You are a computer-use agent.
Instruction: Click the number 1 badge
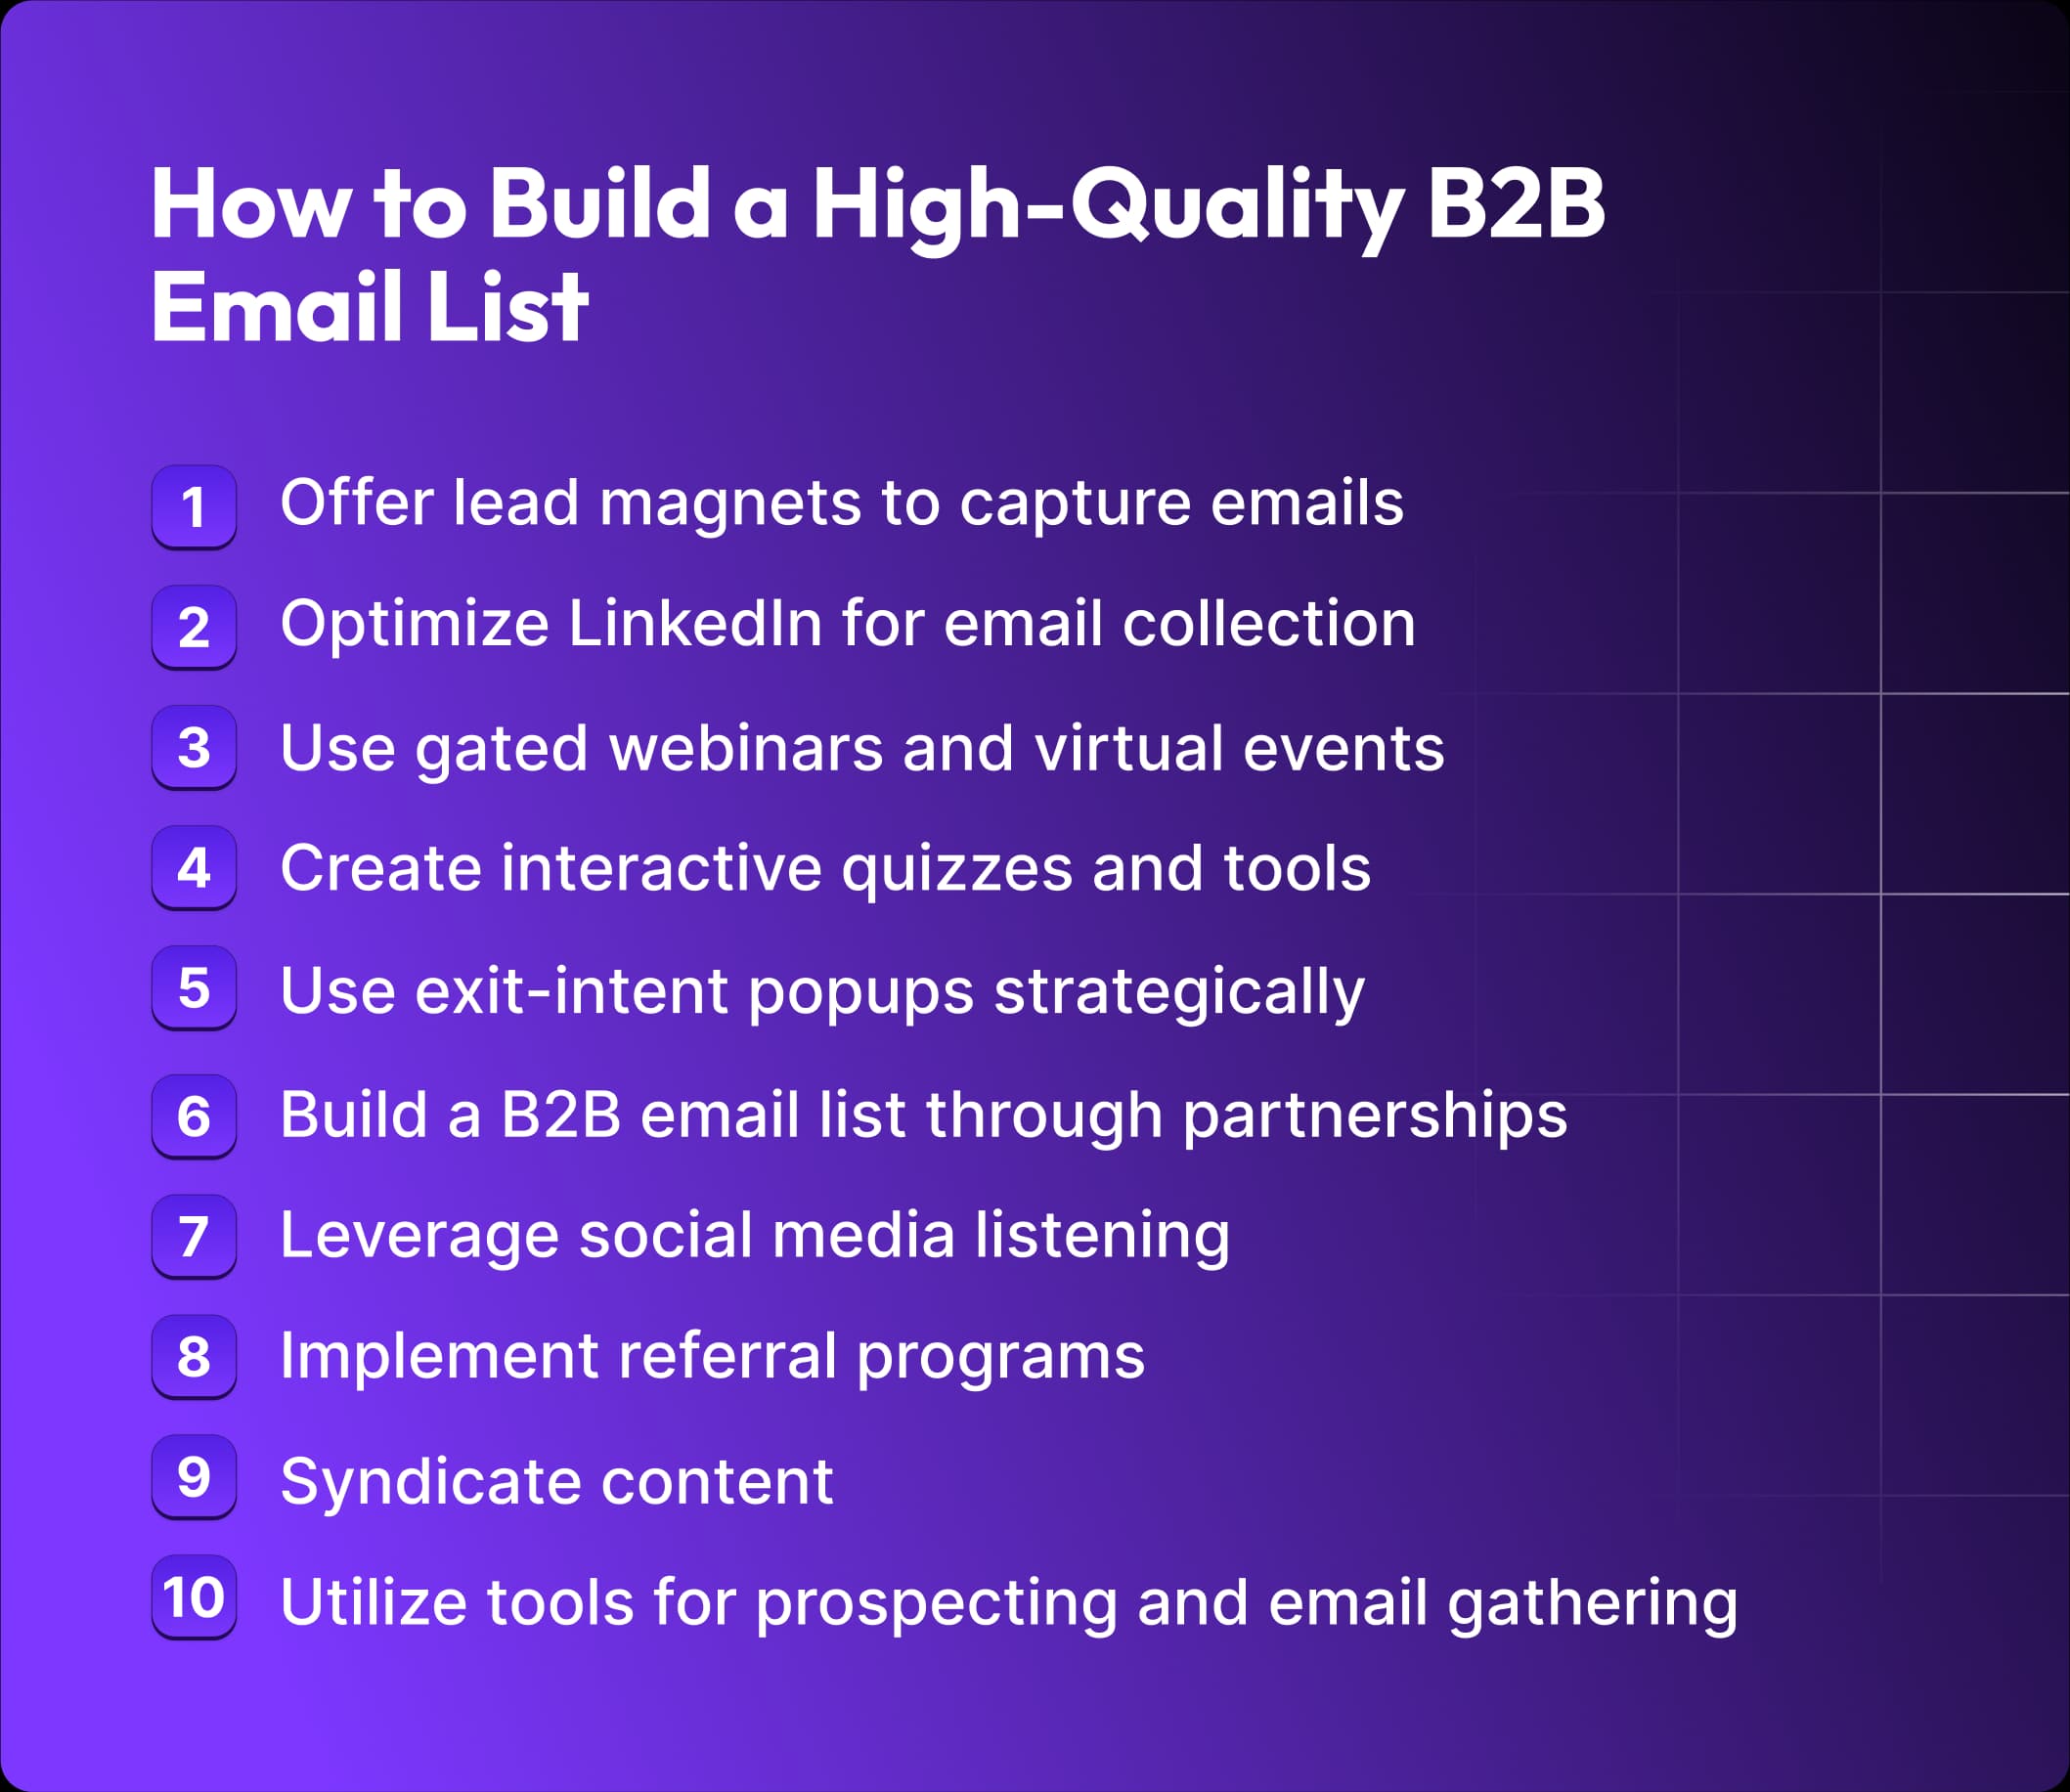click(x=193, y=507)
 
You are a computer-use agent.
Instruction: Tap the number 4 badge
click(x=193, y=867)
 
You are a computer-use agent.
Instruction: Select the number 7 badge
click(x=193, y=1236)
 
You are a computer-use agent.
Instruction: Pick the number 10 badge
click(x=193, y=1597)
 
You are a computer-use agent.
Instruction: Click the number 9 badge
click(x=193, y=1476)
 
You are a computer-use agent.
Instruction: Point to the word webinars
click(x=746, y=748)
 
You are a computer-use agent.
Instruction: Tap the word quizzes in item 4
click(x=957, y=868)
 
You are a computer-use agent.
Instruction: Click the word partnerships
click(x=1375, y=1116)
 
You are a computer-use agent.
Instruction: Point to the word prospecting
click(x=936, y=1604)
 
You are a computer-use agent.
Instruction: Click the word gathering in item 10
click(x=1592, y=1604)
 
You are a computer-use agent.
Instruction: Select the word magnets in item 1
click(x=729, y=503)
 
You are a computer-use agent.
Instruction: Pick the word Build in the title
click(x=599, y=204)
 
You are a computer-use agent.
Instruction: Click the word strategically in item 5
click(x=1179, y=992)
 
